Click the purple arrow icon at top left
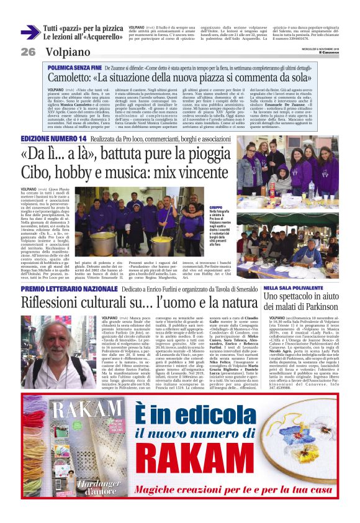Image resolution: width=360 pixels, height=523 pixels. pos(30,32)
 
